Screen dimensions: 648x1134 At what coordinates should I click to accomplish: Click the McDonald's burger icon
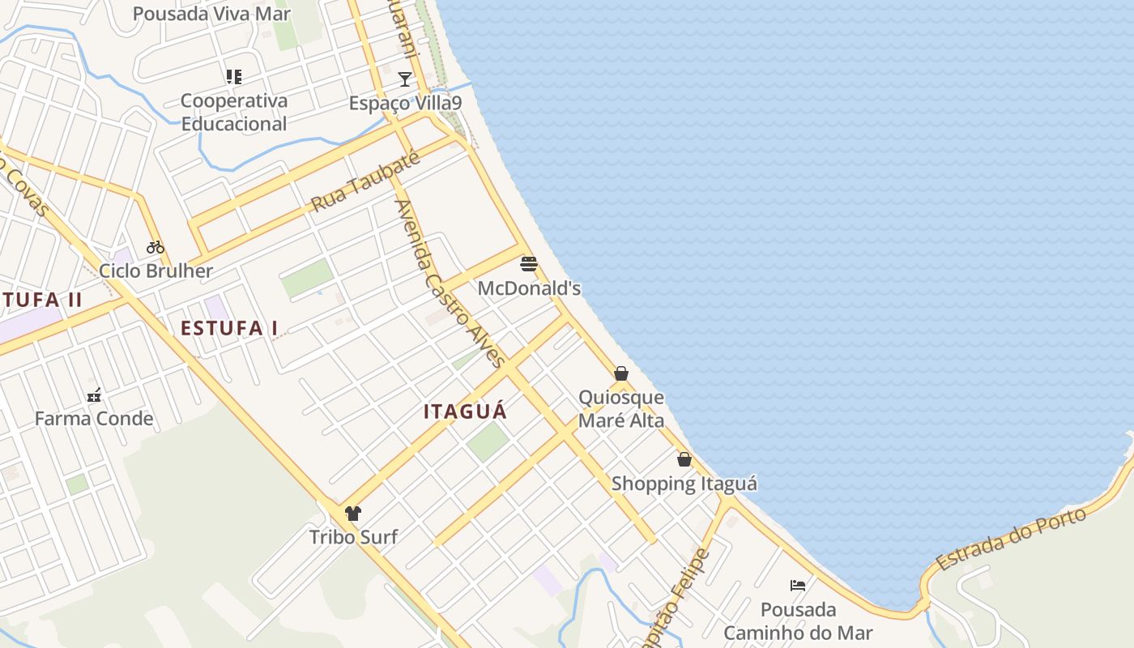[x=529, y=264]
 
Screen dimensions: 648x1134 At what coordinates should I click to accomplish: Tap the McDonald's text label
[x=529, y=288]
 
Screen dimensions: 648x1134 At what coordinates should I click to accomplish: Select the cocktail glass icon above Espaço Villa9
[x=405, y=79]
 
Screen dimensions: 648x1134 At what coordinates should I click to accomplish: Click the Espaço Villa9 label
[x=405, y=104]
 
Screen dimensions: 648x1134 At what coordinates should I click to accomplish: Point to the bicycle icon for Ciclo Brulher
[x=156, y=246]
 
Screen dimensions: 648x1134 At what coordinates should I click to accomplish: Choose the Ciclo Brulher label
[x=156, y=271]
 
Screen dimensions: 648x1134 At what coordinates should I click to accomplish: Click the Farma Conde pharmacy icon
[x=94, y=395]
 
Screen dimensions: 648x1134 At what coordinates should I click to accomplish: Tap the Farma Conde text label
[x=94, y=419]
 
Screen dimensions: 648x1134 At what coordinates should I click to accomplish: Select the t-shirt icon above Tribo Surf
[x=353, y=513]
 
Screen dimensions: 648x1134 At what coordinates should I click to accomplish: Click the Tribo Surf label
[x=353, y=536]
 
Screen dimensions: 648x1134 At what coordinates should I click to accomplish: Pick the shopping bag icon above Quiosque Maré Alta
[x=621, y=373]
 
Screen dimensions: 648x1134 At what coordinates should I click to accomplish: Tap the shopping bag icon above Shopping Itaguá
[x=684, y=459]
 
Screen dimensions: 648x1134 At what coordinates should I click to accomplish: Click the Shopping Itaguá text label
[x=684, y=484]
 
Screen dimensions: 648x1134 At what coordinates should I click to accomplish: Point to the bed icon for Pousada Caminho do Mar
[x=798, y=585]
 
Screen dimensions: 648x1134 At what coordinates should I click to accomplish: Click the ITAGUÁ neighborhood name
[x=465, y=411]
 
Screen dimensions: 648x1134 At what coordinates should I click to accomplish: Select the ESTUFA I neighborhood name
[x=229, y=328]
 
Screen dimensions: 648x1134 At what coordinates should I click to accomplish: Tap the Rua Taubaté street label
[x=365, y=181]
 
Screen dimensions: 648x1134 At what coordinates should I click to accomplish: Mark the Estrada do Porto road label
[x=1010, y=539]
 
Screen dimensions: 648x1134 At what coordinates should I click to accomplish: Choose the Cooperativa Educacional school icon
[x=234, y=77]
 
